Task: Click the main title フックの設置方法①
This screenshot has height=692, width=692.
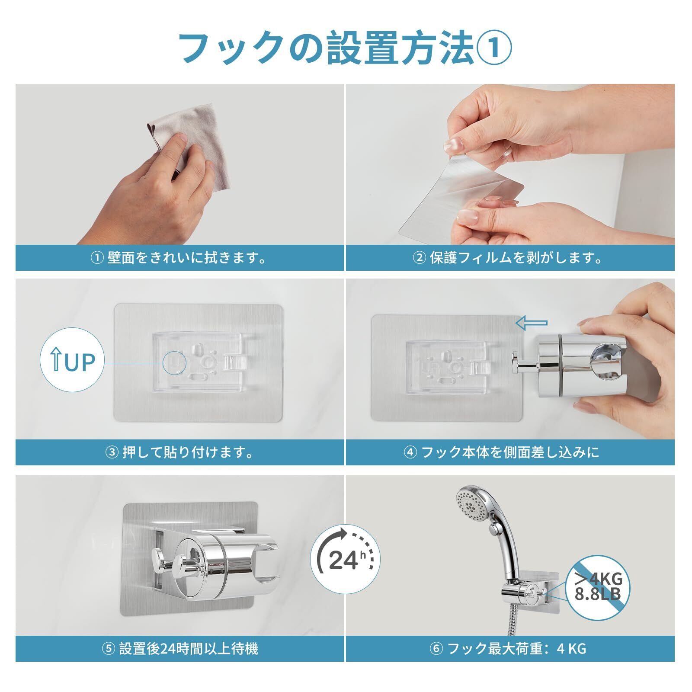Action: coord(345,48)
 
